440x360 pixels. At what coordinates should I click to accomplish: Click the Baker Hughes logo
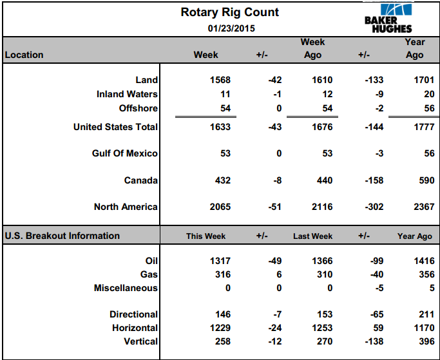coord(388,18)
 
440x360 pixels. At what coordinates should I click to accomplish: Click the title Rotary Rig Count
coord(229,12)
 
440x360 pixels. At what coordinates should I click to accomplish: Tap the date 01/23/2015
coord(231,28)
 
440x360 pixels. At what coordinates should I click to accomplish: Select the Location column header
coord(24,55)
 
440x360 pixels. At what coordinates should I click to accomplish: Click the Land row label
coord(146,80)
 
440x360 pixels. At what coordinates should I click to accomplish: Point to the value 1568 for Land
coord(220,80)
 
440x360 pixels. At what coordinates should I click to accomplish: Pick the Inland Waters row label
coord(127,94)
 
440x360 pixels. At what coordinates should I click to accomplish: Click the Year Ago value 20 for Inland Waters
coord(429,94)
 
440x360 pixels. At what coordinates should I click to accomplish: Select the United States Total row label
coord(115,127)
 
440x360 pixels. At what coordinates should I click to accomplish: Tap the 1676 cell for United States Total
coord(322,127)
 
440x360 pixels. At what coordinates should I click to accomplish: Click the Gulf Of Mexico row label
coord(125,153)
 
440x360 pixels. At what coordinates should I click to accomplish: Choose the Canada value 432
coord(223,180)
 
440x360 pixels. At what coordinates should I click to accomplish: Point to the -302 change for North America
coord(374,207)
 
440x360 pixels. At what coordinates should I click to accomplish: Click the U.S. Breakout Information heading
coord(62,236)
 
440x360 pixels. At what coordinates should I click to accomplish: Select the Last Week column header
coord(313,236)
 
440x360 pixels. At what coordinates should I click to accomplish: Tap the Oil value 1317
coord(220,261)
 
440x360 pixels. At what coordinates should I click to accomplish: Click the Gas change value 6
coord(279,274)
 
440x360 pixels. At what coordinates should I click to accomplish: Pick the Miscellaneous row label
coord(126,288)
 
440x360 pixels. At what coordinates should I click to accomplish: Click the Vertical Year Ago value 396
coord(427,341)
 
